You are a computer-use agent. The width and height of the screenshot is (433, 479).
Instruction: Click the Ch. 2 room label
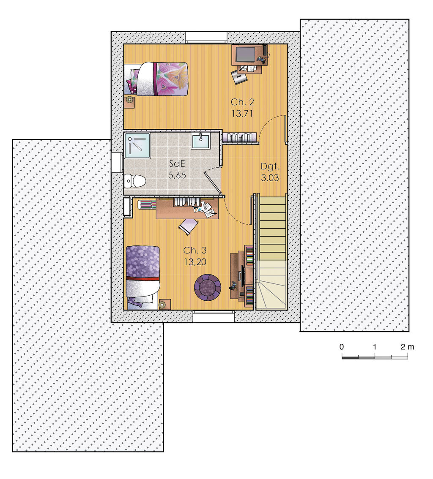pyautogui.click(x=242, y=102)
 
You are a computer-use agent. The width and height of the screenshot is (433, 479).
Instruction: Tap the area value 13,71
pyautogui.click(x=242, y=113)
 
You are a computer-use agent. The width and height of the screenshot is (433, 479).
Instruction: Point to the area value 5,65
pyautogui.click(x=177, y=175)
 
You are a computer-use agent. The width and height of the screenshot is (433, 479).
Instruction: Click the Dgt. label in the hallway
pyautogui.click(x=269, y=166)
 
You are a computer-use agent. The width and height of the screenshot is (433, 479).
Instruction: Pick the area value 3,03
pyautogui.click(x=269, y=178)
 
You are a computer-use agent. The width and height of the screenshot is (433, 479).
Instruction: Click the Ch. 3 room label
pyautogui.click(x=195, y=250)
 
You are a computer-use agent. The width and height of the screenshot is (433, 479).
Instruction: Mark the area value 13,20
pyautogui.click(x=195, y=261)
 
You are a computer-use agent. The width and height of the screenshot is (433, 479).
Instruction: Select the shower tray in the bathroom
pyautogui.click(x=137, y=145)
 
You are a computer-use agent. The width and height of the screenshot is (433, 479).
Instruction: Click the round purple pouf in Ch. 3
pyautogui.click(x=207, y=287)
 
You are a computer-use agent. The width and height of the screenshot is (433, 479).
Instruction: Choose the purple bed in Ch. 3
pyautogui.click(x=143, y=275)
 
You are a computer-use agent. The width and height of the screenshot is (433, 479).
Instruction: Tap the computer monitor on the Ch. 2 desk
pyautogui.click(x=245, y=54)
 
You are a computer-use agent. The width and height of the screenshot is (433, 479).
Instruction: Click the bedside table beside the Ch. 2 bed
pyautogui.click(x=129, y=101)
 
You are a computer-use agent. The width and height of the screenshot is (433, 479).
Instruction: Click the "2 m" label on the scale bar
pyautogui.click(x=408, y=347)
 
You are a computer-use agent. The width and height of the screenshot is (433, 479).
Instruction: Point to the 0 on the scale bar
pyautogui.click(x=342, y=347)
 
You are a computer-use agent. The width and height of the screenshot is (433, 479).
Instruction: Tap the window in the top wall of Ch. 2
pyautogui.click(x=206, y=37)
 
